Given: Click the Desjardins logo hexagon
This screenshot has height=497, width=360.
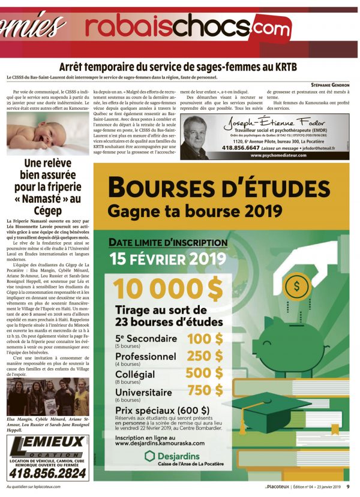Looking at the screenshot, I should tap(151, 456).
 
